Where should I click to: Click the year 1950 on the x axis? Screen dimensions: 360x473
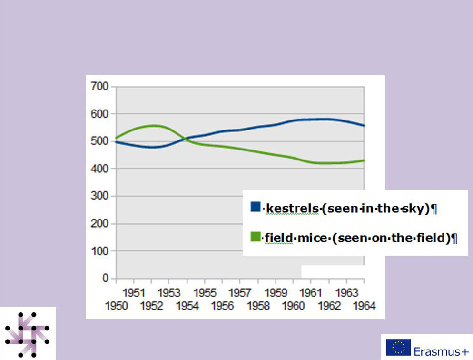tap(116, 306)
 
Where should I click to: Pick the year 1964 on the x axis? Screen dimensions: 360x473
tap(364, 306)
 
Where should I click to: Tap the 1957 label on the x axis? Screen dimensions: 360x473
tap(240, 292)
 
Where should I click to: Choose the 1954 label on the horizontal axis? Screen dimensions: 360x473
tap(187, 306)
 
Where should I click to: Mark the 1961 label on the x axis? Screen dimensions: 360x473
tap(311, 292)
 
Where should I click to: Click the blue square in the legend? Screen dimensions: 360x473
tap(256, 207)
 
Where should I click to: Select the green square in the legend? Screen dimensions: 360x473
tap(256, 236)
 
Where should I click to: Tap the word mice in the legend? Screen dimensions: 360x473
tap(312, 237)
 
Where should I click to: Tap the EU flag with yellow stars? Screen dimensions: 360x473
tap(398, 348)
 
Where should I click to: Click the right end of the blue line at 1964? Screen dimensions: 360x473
tap(364, 126)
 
